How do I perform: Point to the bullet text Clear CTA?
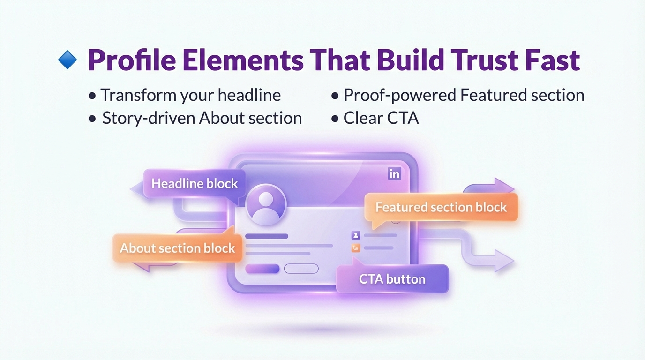coord(381,118)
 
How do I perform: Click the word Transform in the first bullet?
coord(139,95)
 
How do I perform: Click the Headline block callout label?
coord(195,183)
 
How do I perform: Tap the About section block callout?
coord(177,248)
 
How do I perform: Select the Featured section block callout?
coord(441,207)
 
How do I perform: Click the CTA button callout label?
coord(392,279)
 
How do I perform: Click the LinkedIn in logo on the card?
coord(395,174)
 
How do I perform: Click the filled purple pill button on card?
coord(262,269)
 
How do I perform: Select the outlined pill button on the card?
coord(301,269)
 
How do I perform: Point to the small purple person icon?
coord(356,235)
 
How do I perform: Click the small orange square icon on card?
coord(356,248)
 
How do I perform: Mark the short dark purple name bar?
coord(266,236)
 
